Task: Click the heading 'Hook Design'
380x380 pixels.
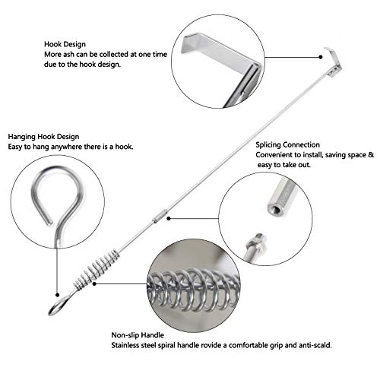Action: click(x=65, y=44)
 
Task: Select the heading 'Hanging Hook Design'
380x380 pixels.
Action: click(x=43, y=137)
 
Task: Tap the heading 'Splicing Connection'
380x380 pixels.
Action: click(x=287, y=145)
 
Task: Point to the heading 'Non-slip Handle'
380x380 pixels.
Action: click(x=138, y=335)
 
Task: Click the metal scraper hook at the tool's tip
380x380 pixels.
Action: click(x=334, y=61)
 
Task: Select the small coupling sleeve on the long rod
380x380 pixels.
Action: click(x=158, y=215)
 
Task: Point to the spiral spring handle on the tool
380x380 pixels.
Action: click(x=97, y=270)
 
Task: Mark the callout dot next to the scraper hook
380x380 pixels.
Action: click(x=321, y=57)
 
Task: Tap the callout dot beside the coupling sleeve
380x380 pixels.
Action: click(x=169, y=218)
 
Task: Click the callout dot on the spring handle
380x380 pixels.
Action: click(x=94, y=283)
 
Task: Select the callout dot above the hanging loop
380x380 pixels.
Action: click(x=58, y=295)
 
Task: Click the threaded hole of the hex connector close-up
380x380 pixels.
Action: click(x=275, y=210)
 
